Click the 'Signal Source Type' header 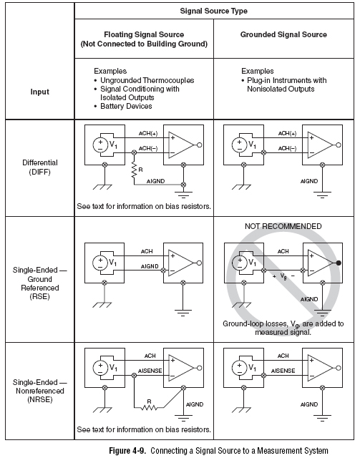click(213, 11)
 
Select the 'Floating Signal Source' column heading click(144, 34)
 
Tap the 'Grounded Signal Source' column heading click(283, 34)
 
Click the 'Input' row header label click(40, 92)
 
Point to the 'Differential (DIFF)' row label click(40, 167)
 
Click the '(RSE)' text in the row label click(40, 297)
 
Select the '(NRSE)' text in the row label click(40, 399)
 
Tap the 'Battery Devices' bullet click(123, 106)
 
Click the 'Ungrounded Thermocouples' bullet click(144, 80)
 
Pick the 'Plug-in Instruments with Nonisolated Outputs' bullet click(283, 84)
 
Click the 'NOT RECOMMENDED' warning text click(283, 226)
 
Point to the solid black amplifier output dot click(339, 263)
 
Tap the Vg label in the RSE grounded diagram click(283, 276)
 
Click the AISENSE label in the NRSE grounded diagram click(283, 371)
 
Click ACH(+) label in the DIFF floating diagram click(148, 134)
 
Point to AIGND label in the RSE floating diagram click(150, 266)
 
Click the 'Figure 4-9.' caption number click(127, 450)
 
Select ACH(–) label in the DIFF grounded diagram click(287, 148)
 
